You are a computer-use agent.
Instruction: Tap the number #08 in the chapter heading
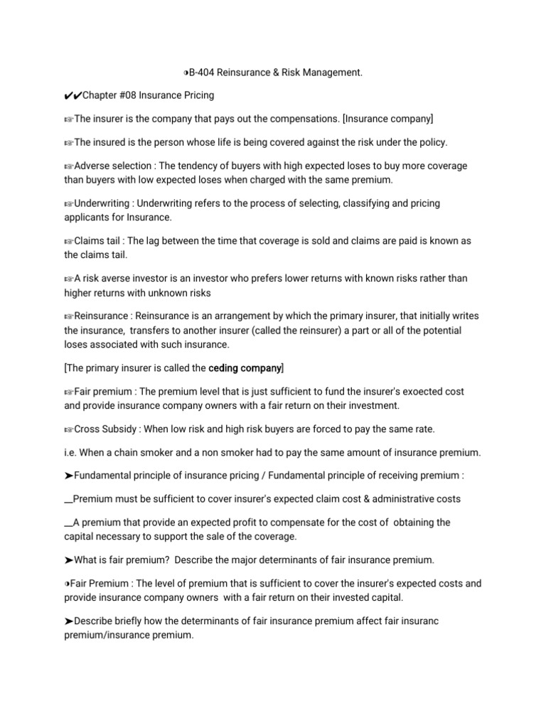[136, 95]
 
